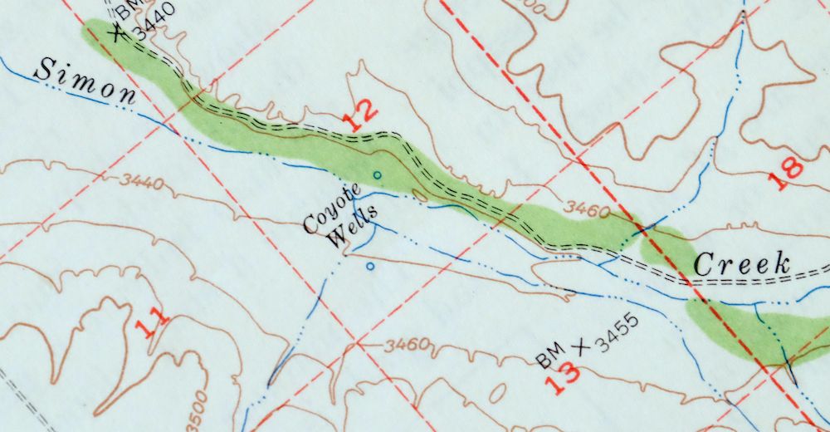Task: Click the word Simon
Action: pos(85,81)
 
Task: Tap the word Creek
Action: pos(741,264)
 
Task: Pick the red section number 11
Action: pos(152,321)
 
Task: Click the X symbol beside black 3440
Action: pos(118,31)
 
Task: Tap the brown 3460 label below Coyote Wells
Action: pos(406,344)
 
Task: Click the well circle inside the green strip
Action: pos(377,174)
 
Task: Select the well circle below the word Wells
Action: pos(370,267)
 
